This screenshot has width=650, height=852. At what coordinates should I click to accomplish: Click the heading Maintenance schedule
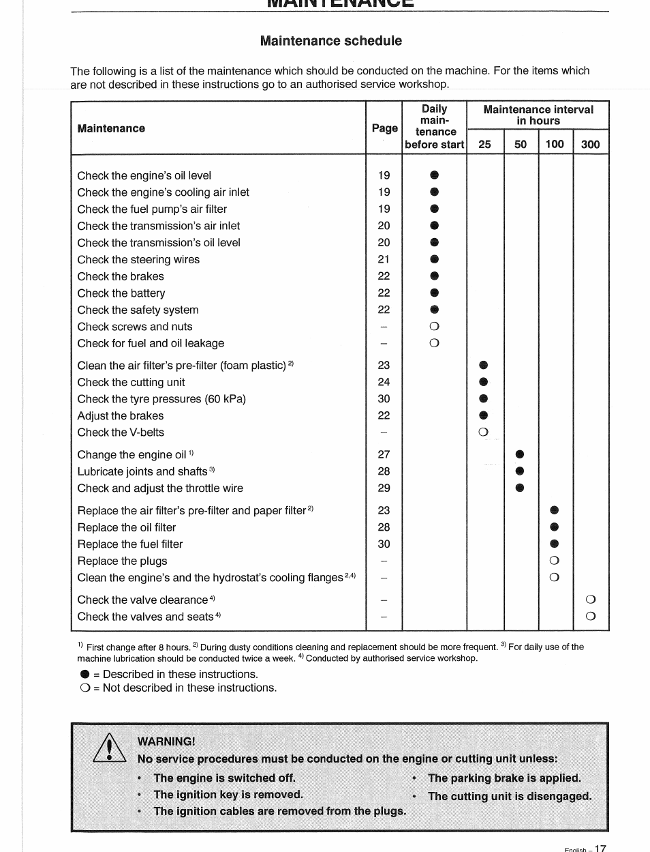click(330, 41)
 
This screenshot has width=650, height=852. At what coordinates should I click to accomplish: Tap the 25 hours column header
click(484, 144)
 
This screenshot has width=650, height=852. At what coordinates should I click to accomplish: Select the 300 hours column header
click(590, 144)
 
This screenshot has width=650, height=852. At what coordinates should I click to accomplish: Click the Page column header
click(384, 128)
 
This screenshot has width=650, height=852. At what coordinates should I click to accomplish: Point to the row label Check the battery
click(121, 293)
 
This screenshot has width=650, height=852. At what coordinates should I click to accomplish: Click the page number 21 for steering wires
click(384, 259)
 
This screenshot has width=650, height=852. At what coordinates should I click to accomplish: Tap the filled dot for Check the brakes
click(435, 276)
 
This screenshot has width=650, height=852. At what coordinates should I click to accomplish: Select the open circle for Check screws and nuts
click(435, 327)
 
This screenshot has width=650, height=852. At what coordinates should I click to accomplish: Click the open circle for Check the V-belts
click(483, 432)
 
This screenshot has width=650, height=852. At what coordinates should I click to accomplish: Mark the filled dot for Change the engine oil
click(520, 454)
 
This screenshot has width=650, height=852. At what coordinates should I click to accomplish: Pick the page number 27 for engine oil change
click(384, 454)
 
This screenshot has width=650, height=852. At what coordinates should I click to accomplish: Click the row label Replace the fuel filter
click(130, 544)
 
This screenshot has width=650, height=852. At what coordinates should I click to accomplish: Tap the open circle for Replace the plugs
click(554, 561)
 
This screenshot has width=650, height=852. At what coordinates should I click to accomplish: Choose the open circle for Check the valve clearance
click(590, 600)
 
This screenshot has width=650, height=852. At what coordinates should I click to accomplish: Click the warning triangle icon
click(109, 749)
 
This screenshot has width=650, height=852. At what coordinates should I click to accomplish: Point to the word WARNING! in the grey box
click(166, 741)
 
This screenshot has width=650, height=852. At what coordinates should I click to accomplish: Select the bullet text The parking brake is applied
click(504, 778)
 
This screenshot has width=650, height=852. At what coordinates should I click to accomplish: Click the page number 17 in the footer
click(600, 848)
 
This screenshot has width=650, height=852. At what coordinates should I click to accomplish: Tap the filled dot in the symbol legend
click(84, 674)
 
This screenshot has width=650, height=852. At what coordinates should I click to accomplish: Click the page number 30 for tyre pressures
click(384, 399)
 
